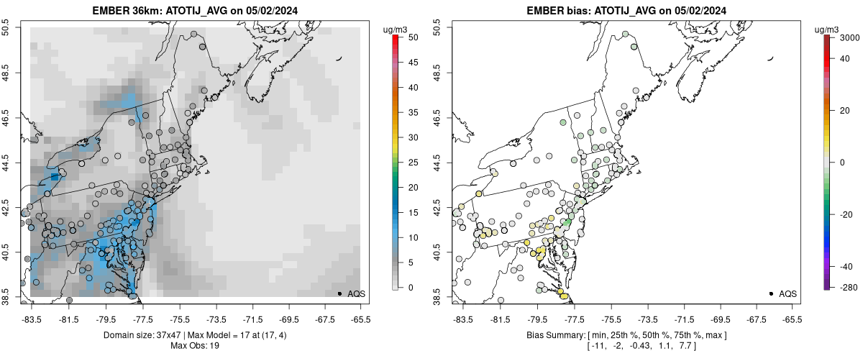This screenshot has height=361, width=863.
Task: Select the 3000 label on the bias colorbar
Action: point(844,37)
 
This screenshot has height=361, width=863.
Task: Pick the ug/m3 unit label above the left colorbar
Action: point(397,29)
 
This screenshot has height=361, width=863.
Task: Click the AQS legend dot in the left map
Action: point(339,293)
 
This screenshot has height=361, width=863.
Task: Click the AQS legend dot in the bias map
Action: point(771,293)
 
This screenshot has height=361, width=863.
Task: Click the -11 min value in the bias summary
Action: point(596,346)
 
